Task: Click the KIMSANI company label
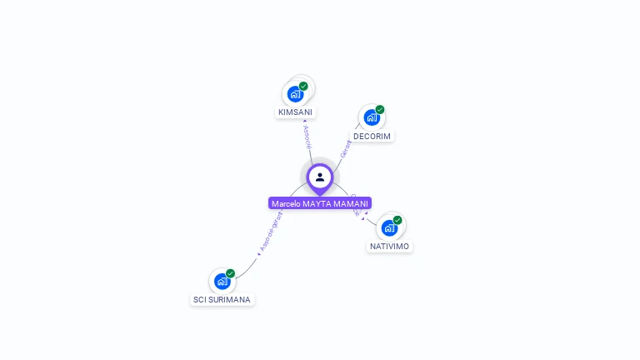(296, 112)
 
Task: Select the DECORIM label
(372, 136)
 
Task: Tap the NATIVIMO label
(389, 246)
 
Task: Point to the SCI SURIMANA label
(222, 299)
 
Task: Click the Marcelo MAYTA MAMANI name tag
(320, 203)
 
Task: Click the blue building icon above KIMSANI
(295, 94)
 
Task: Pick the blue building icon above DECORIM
(372, 117)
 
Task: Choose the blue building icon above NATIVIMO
(389, 228)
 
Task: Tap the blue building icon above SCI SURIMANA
(222, 281)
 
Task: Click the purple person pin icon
(320, 177)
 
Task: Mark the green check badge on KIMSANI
(303, 86)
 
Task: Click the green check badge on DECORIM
(380, 109)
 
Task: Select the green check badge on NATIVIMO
(397, 220)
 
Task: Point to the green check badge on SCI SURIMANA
(230, 273)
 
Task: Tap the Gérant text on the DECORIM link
(345, 148)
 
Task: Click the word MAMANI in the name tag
(352, 203)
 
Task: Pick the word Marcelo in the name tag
(286, 203)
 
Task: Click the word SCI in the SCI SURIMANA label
(200, 299)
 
